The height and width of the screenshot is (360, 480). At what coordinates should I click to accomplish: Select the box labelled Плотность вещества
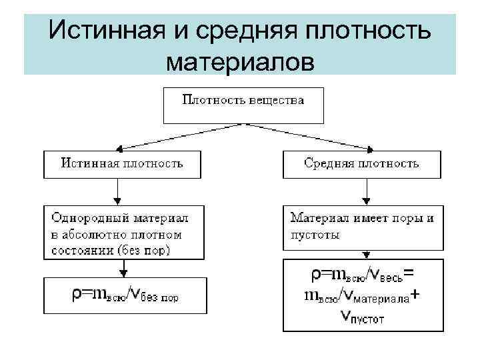pyautogui.click(x=243, y=105)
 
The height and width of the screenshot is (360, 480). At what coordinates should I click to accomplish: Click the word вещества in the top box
pyautogui.click(x=276, y=101)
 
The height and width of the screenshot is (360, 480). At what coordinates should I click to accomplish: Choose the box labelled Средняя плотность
pyautogui.click(x=362, y=164)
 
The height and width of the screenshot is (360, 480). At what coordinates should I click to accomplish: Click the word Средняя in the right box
pyautogui.click(x=329, y=163)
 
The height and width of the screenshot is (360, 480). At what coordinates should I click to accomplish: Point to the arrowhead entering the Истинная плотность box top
pyautogui.click(x=118, y=149)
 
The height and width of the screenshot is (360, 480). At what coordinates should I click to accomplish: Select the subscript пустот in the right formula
pyautogui.click(x=365, y=319)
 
